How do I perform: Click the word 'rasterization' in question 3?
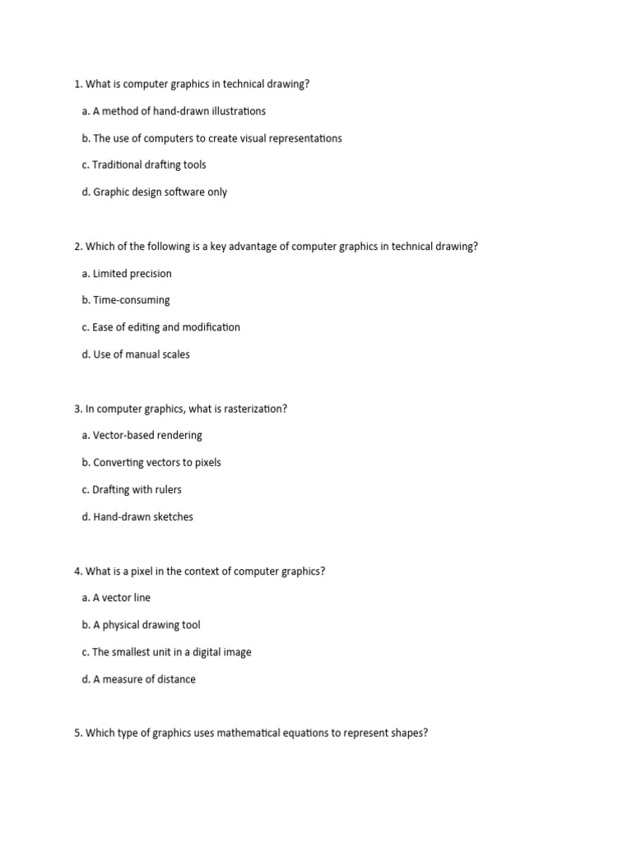pyautogui.click(x=250, y=409)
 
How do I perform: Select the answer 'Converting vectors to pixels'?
pyautogui.click(x=151, y=462)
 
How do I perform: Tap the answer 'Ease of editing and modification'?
pyautogui.click(x=161, y=327)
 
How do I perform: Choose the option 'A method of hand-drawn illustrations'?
pyautogui.click(x=174, y=111)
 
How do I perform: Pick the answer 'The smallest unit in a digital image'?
pyautogui.click(x=166, y=652)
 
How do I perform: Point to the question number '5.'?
pyautogui.click(x=78, y=733)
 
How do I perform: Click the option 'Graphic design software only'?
pyautogui.click(x=155, y=192)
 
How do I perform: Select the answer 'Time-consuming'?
pyautogui.click(x=126, y=300)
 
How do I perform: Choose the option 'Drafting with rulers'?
pyautogui.click(x=132, y=489)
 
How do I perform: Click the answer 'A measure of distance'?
pyautogui.click(x=138, y=679)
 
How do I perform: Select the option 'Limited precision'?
pyautogui.click(x=127, y=273)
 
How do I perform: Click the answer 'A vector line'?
pyautogui.click(x=116, y=598)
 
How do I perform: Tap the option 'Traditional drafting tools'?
pyautogui.click(x=144, y=164)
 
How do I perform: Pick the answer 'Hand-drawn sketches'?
pyautogui.click(x=137, y=516)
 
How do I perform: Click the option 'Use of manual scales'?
pyautogui.click(x=136, y=354)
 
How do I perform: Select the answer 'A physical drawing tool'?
pyautogui.click(x=141, y=625)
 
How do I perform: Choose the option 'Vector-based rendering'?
pyautogui.click(x=142, y=435)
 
